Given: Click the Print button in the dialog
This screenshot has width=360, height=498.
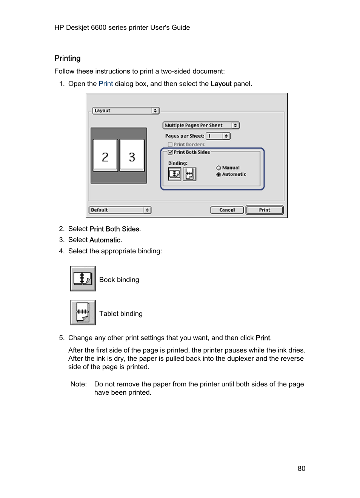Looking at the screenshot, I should coord(265,210).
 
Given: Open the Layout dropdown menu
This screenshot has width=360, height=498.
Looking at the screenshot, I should coord(126,110).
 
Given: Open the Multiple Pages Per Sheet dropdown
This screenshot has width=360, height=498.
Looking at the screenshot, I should coord(201,125).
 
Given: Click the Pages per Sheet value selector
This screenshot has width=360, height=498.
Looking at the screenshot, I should coord(218,136).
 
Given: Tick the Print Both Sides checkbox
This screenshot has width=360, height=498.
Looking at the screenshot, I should coord(170,152).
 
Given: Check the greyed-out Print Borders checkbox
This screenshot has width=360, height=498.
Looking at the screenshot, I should coord(170,144).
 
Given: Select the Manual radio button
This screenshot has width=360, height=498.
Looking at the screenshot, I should coord(218,168).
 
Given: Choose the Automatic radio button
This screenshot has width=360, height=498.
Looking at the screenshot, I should coord(218,175).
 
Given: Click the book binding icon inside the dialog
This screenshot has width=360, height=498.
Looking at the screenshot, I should coord(174,174).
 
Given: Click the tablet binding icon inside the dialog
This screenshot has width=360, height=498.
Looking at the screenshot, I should coord(189,174).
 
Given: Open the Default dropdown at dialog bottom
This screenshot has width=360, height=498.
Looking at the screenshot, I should coord(120,210).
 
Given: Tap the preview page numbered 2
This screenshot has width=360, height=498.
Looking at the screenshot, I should coord(105,156).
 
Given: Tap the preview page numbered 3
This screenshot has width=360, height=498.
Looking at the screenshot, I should coord(132,156).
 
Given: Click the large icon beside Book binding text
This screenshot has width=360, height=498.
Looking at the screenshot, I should coord(83,279).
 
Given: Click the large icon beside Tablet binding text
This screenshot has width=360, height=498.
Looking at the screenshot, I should coord(83,313).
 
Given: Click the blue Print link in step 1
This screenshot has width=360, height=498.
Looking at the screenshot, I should coord(106,84).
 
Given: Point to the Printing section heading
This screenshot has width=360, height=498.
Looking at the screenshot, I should coord(68,58).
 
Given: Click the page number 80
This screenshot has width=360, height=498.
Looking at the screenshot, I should coord(301,469).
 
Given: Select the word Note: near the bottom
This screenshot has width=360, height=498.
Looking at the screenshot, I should coord(78,384).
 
